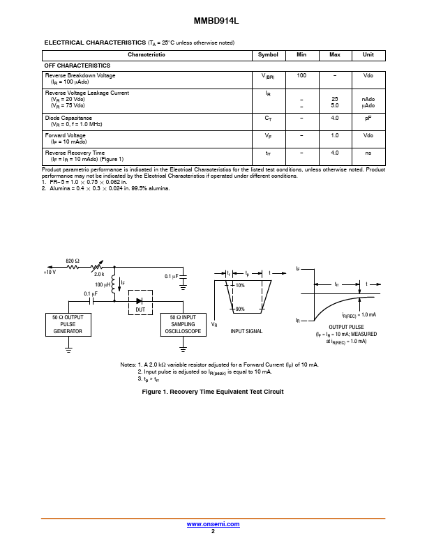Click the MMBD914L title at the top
(216, 21)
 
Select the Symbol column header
(268, 54)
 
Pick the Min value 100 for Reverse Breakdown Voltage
(301, 75)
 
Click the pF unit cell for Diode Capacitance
(368, 118)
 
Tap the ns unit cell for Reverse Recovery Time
(368, 153)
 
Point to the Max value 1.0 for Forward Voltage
(335, 135)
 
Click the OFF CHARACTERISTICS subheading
(77, 66)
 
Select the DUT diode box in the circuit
(140, 302)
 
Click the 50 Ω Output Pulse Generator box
(68, 325)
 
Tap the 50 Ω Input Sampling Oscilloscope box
(183, 325)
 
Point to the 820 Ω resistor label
(73, 261)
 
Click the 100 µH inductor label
(103, 284)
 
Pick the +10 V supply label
(50, 272)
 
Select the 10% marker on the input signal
(240, 285)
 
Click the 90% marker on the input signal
(240, 309)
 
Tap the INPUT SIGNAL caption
(246, 331)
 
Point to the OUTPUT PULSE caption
(346, 327)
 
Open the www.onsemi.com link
(213, 524)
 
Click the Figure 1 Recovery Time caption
(213, 392)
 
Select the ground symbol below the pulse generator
(68, 350)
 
